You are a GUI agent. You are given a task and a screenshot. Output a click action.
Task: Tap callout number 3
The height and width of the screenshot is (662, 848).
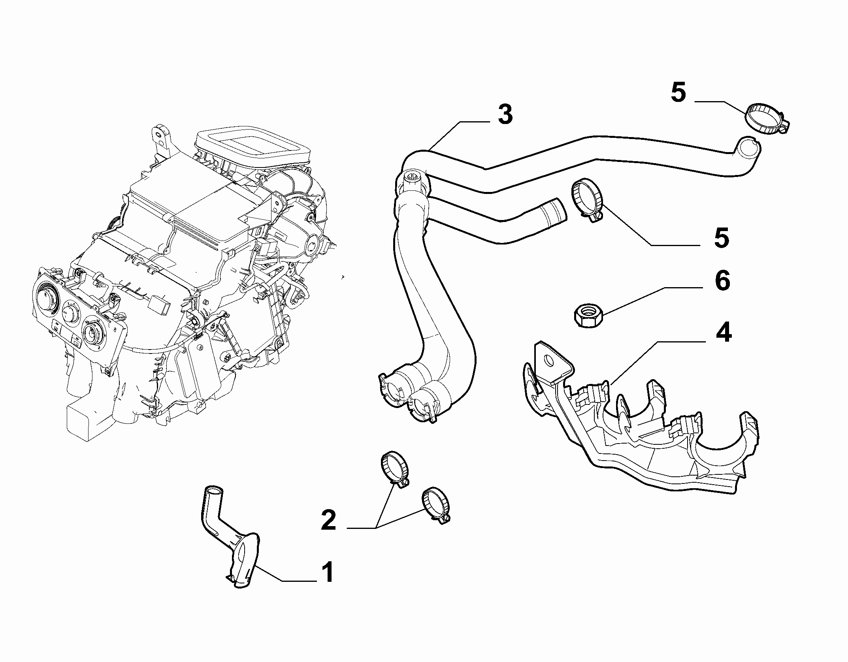[x=505, y=115]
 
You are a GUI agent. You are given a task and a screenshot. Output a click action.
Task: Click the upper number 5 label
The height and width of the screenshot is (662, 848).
[x=678, y=93]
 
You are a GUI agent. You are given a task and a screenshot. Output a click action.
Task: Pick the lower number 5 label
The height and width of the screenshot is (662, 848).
[x=722, y=238]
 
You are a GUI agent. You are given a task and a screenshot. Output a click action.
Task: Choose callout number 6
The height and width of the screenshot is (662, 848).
[x=722, y=281]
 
